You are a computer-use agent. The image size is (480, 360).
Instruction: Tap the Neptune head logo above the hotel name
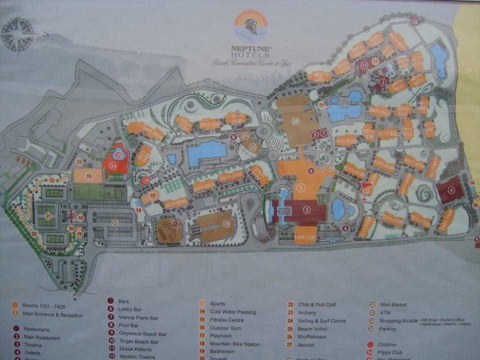(251, 26)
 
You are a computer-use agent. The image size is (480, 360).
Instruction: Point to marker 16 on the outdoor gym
(88, 175)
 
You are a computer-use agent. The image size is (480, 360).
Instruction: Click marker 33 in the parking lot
(115, 222)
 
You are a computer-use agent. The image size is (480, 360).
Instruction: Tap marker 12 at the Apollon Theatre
(176, 224)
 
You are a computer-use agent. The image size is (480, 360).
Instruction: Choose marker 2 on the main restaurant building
(307, 210)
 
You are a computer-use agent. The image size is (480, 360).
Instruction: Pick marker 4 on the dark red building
(451, 190)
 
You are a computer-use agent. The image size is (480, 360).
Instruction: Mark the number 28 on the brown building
(295, 121)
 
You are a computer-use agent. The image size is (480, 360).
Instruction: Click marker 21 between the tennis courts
(48, 216)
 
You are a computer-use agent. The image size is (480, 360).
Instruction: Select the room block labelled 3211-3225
(210, 123)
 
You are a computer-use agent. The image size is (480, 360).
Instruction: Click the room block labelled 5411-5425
(380, 111)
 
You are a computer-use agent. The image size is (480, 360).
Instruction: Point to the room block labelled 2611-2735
(175, 202)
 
